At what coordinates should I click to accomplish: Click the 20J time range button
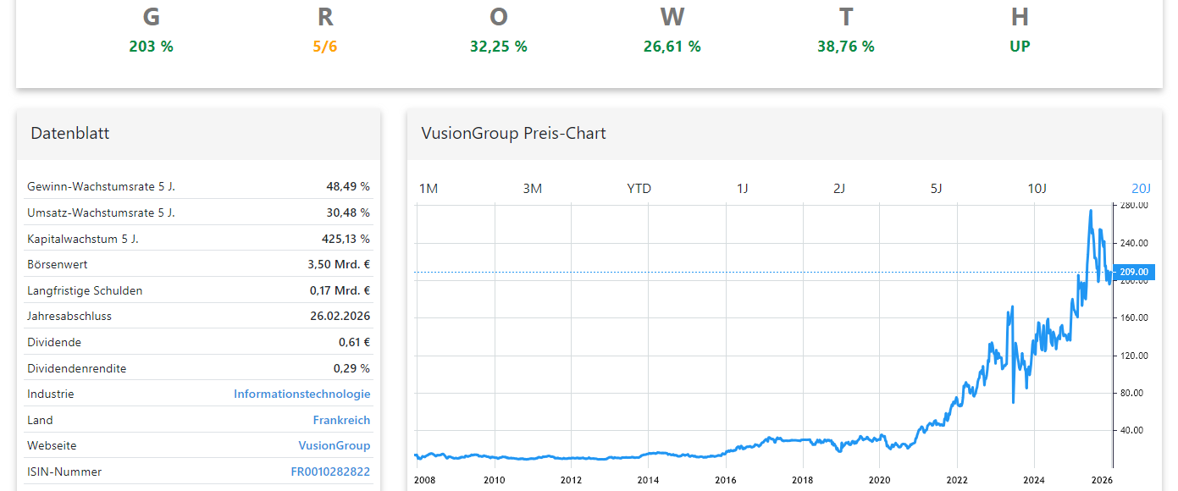point(1141,188)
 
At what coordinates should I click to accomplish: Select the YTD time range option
point(639,188)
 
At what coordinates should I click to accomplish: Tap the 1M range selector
point(429,188)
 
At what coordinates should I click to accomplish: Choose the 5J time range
point(936,188)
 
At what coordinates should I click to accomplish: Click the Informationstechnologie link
point(301,394)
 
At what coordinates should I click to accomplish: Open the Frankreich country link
point(341,420)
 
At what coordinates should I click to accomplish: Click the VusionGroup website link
point(334,445)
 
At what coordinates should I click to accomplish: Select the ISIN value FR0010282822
point(330,472)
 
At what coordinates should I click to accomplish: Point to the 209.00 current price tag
point(1133,272)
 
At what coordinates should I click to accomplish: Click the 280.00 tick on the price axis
point(1134,205)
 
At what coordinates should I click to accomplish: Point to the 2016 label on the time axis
point(725,481)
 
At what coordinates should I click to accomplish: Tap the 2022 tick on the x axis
point(957,481)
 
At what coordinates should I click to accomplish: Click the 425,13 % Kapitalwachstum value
point(346,239)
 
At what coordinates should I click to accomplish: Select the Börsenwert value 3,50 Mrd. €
point(339,264)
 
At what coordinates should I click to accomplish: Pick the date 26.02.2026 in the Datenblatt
point(340,316)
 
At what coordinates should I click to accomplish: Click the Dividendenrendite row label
point(76,368)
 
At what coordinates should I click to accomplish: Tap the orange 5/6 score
point(325,47)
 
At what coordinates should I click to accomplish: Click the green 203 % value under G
point(151,47)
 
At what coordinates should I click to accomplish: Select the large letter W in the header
point(672,17)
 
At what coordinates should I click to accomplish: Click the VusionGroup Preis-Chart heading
point(513,133)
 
